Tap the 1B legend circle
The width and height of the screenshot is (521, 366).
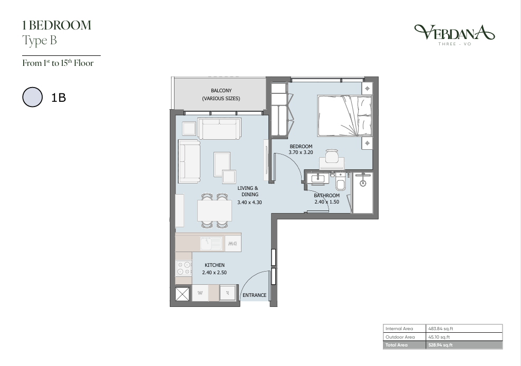pyautogui.click(x=33, y=97)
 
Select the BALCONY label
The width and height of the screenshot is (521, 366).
pyautogui.click(x=221, y=90)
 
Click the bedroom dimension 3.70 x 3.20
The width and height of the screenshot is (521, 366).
pyautogui.click(x=301, y=152)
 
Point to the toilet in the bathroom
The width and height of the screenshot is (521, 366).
pyautogui.click(x=341, y=180)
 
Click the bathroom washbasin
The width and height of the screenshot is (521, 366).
pyautogui.click(x=317, y=178)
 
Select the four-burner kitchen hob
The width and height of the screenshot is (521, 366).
pyautogui.click(x=184, y=268)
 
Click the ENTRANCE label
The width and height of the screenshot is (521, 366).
pyautogui.click(x=255, y=295)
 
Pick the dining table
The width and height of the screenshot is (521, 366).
pyautogui.click(x=215, y=210)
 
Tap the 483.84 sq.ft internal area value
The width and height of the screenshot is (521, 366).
pyautogui.click(x=441, y=329)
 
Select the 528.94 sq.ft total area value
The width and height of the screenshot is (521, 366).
pyautogui.click(x=440, y=345)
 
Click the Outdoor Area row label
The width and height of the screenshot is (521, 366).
pyautogui.click(x=400, y=337)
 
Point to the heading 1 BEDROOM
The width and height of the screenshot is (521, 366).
pyautogui.click(x=57, y=25)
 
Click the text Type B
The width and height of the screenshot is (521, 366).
pyautogui.click(x=40, y=41)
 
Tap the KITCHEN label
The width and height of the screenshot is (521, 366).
pyautogui.click(x=215, y=265)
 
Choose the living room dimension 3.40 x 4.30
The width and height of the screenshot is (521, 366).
pyautogui.click(x=249, y=202)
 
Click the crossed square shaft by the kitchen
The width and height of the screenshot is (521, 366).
pyautogui.click(x=182, y=294)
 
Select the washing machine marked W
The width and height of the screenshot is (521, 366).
pyautogui.click(x=200, y=293)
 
